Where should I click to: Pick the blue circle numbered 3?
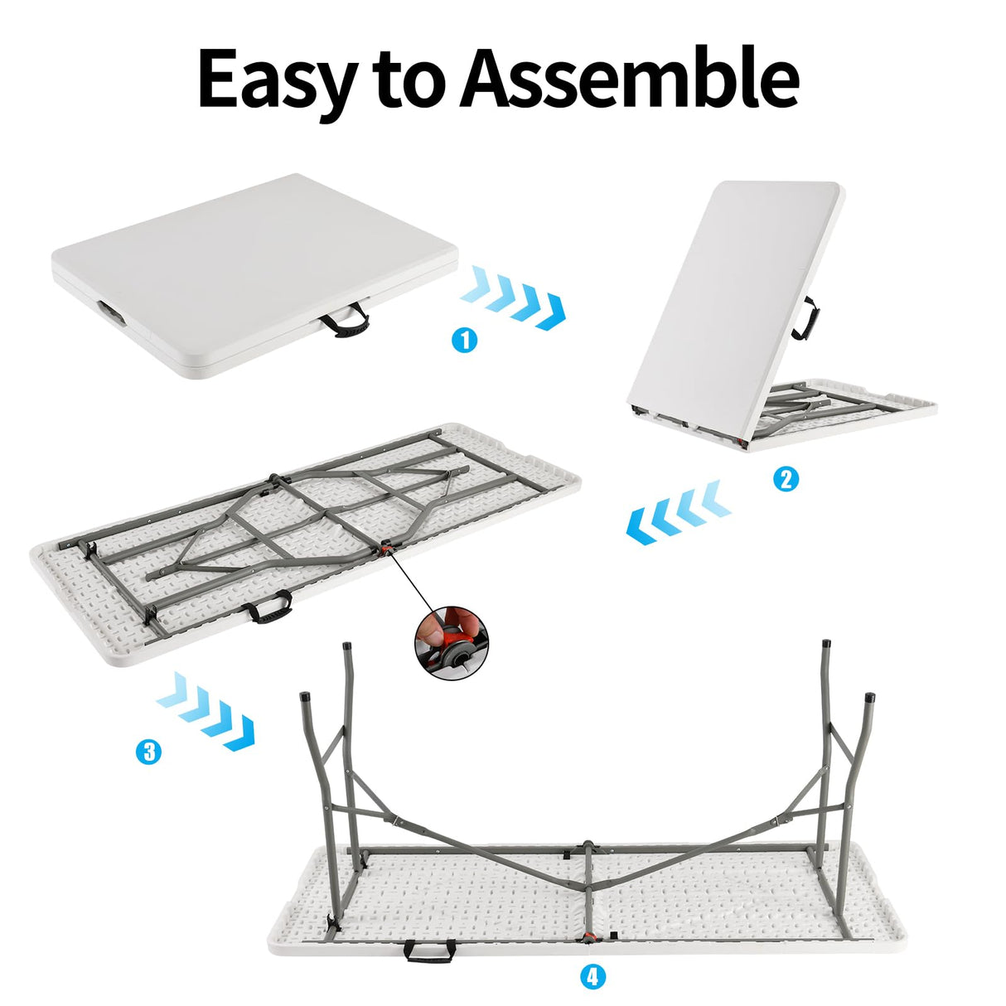(148, 752)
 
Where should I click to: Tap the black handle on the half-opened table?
(802, 319)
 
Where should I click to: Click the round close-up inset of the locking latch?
(452, 644)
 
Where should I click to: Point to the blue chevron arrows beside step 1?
(513, 296)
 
